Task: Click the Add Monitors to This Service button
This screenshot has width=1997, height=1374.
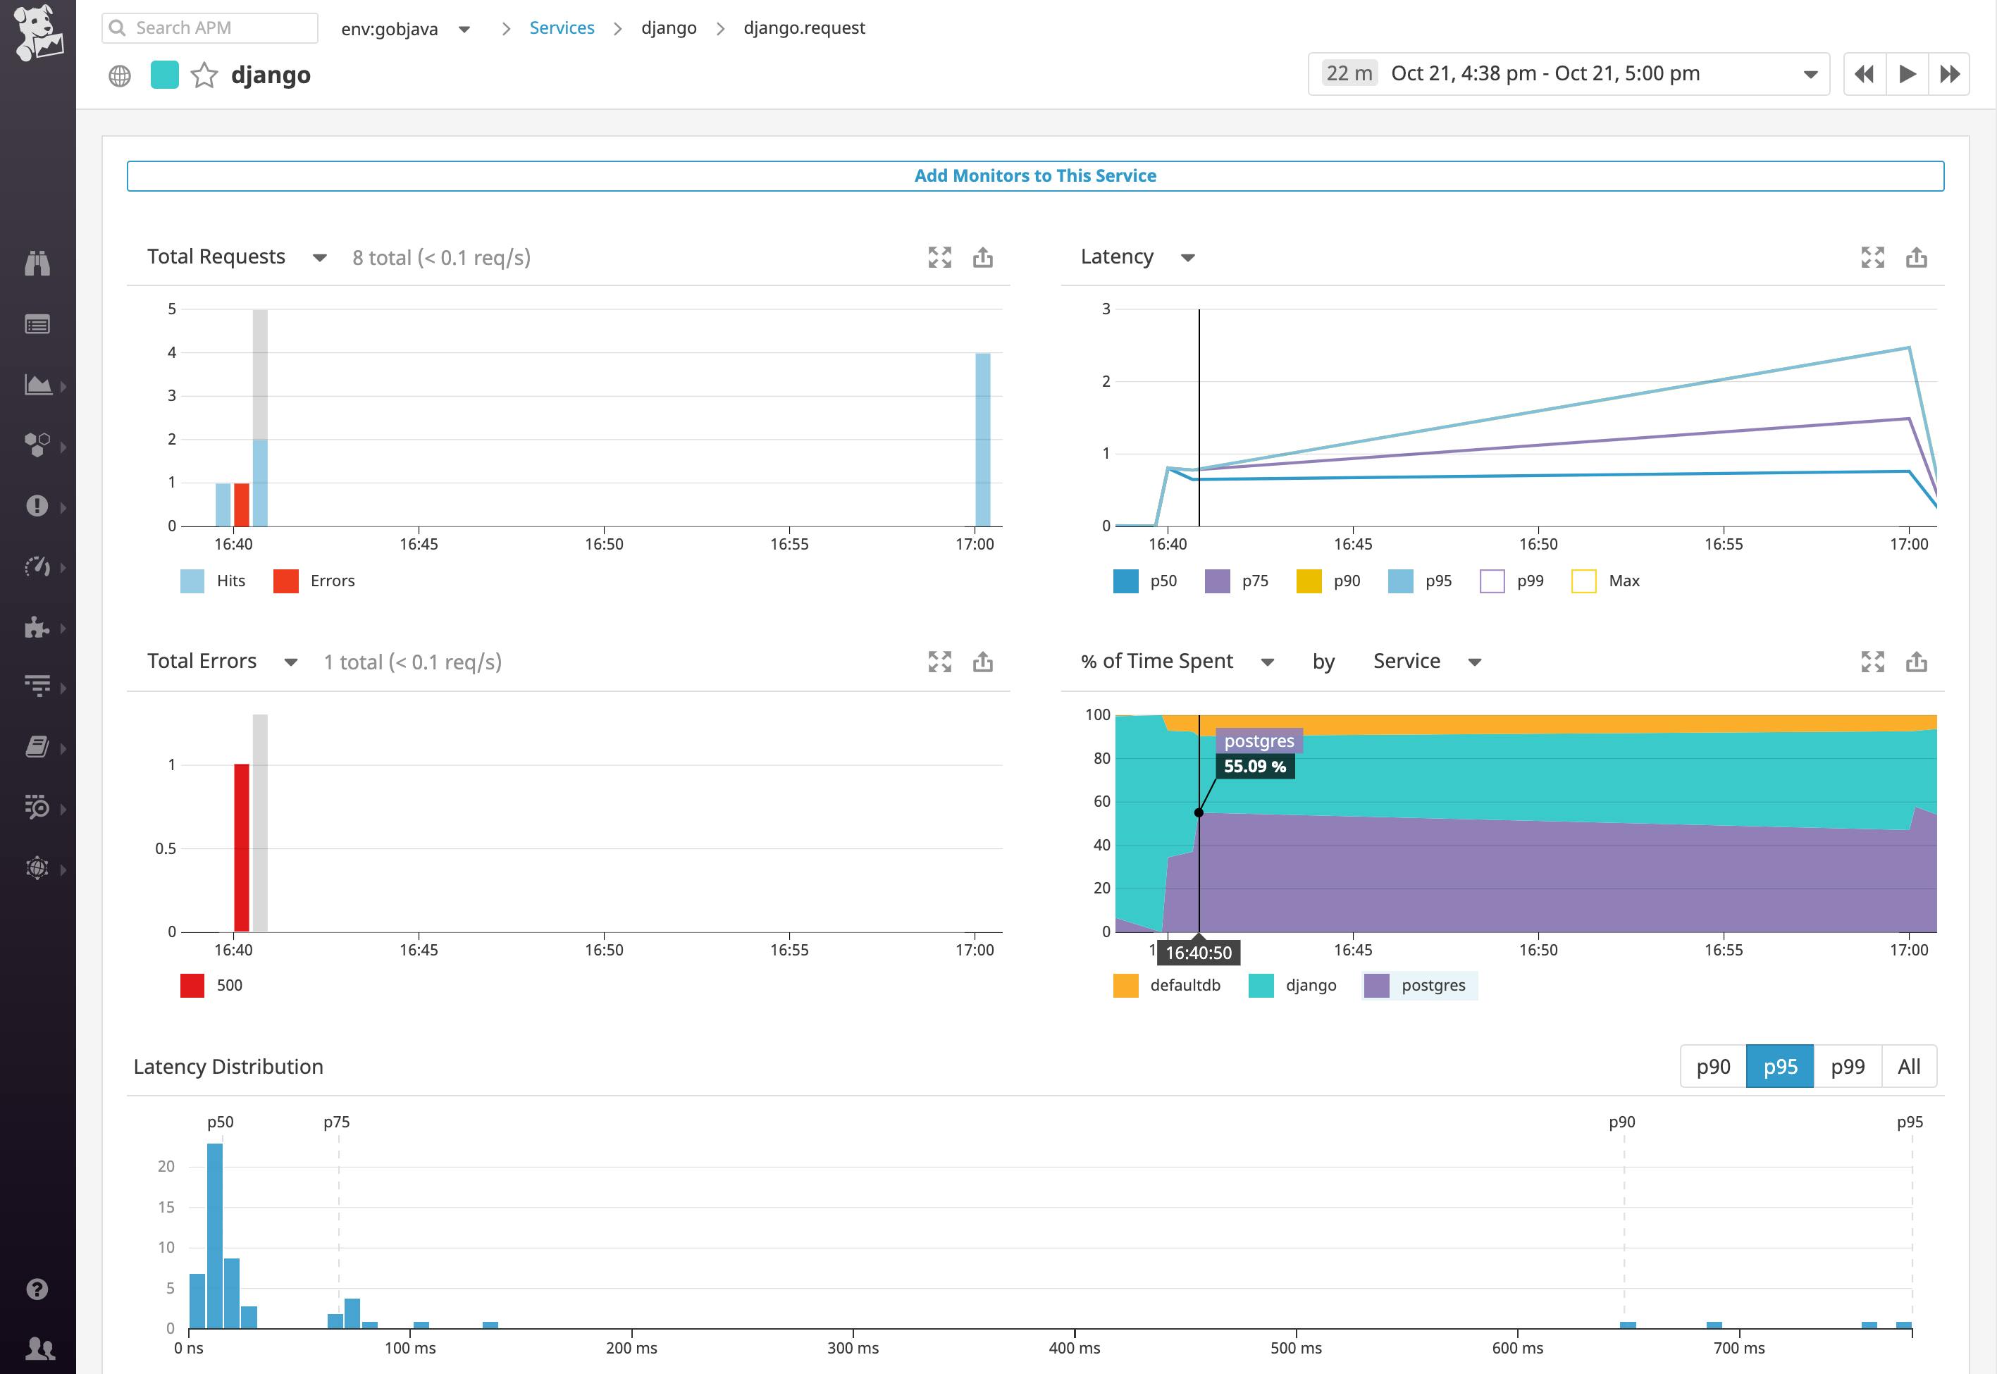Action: pyautogui.click(x=1034, y=175)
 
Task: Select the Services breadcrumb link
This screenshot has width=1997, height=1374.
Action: pyautogui.click(x=561, y=27)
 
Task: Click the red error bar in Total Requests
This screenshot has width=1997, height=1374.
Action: pyautogui.click(x=242, y=505)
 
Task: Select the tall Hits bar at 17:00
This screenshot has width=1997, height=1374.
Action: pyautogui.click(x=982, y=439)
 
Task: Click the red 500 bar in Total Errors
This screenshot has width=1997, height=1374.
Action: pyautogui.click(x=242, y=847)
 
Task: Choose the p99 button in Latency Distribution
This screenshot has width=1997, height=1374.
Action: pyautogui.click(x=1847, y=1067)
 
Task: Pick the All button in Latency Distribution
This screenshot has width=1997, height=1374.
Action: pyautogui.click(x=1908, y=1067)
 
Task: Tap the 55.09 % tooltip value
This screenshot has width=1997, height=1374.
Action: pyautogui.click(x=1254, y=766)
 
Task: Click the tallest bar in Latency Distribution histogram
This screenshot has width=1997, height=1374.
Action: pyautogui.click(x=215, y=1235)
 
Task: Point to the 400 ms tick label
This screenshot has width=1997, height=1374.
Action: pyautogui.click(x=1074, y=1348)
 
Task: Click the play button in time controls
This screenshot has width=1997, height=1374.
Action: pyautogui.click(x=1907, y=74)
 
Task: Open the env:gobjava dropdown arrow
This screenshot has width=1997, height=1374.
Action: pyautogui.click(x=464, y=30)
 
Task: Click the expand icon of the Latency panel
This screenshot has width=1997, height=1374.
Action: pyautogui.click(x=1872, y=257)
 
